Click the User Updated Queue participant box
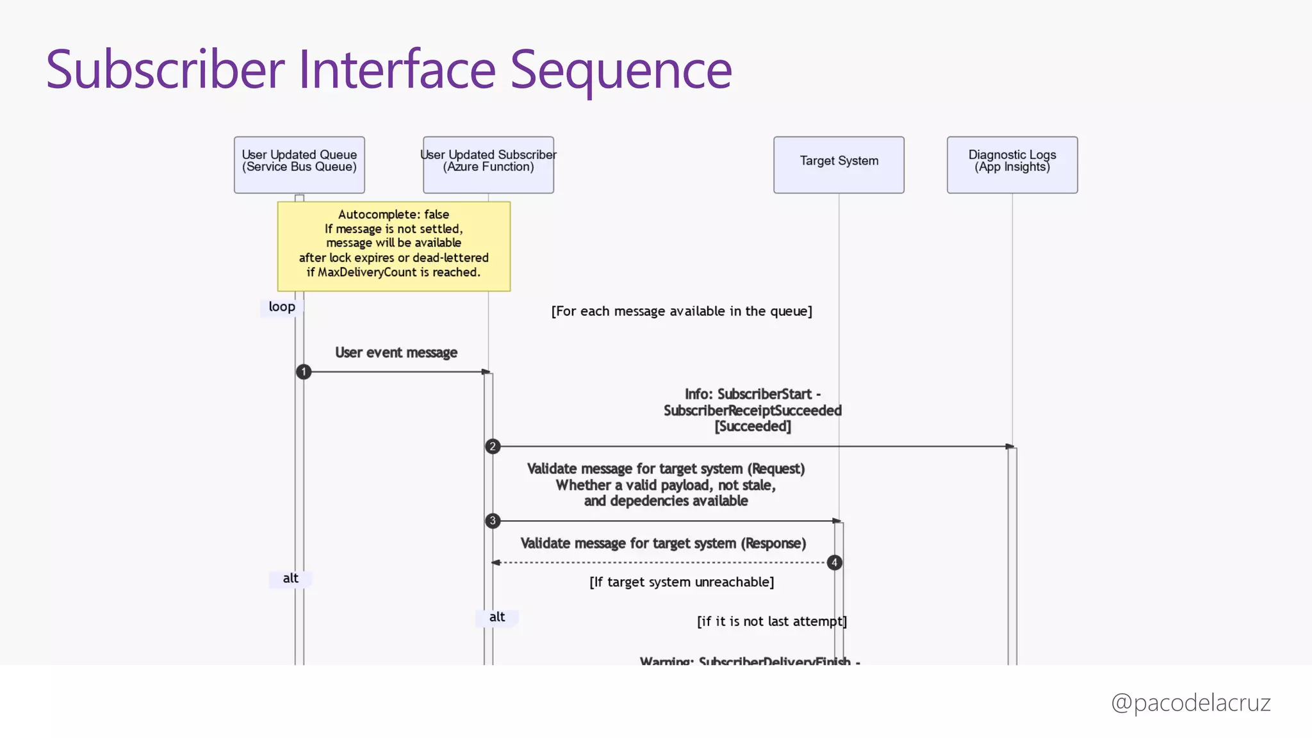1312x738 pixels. tap(299, 165)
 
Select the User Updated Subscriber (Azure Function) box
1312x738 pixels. tap(488, 165)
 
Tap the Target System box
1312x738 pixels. tap(839, 165)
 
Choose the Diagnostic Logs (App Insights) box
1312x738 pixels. tap(1012, 165)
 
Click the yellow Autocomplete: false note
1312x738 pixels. tap(393, 246)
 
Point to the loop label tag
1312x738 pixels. tap(282, 307)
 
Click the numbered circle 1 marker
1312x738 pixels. tap(304, 372)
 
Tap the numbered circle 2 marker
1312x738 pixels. tap(492, 447)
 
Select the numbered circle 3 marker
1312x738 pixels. tap(492, 521)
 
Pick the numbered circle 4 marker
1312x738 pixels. tap(834, 562)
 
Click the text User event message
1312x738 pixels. tap(396, 352)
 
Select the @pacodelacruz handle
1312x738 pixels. tap(1190, 703)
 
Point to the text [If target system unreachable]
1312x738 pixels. tap(682, 582)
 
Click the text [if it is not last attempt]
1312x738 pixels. tap(772, 621)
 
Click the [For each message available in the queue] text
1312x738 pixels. tap(682, 311)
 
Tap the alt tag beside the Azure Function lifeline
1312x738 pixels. tap(497, 617)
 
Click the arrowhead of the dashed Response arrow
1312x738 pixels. tap(495, 562)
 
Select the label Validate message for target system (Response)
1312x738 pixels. tap(663, 543)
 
